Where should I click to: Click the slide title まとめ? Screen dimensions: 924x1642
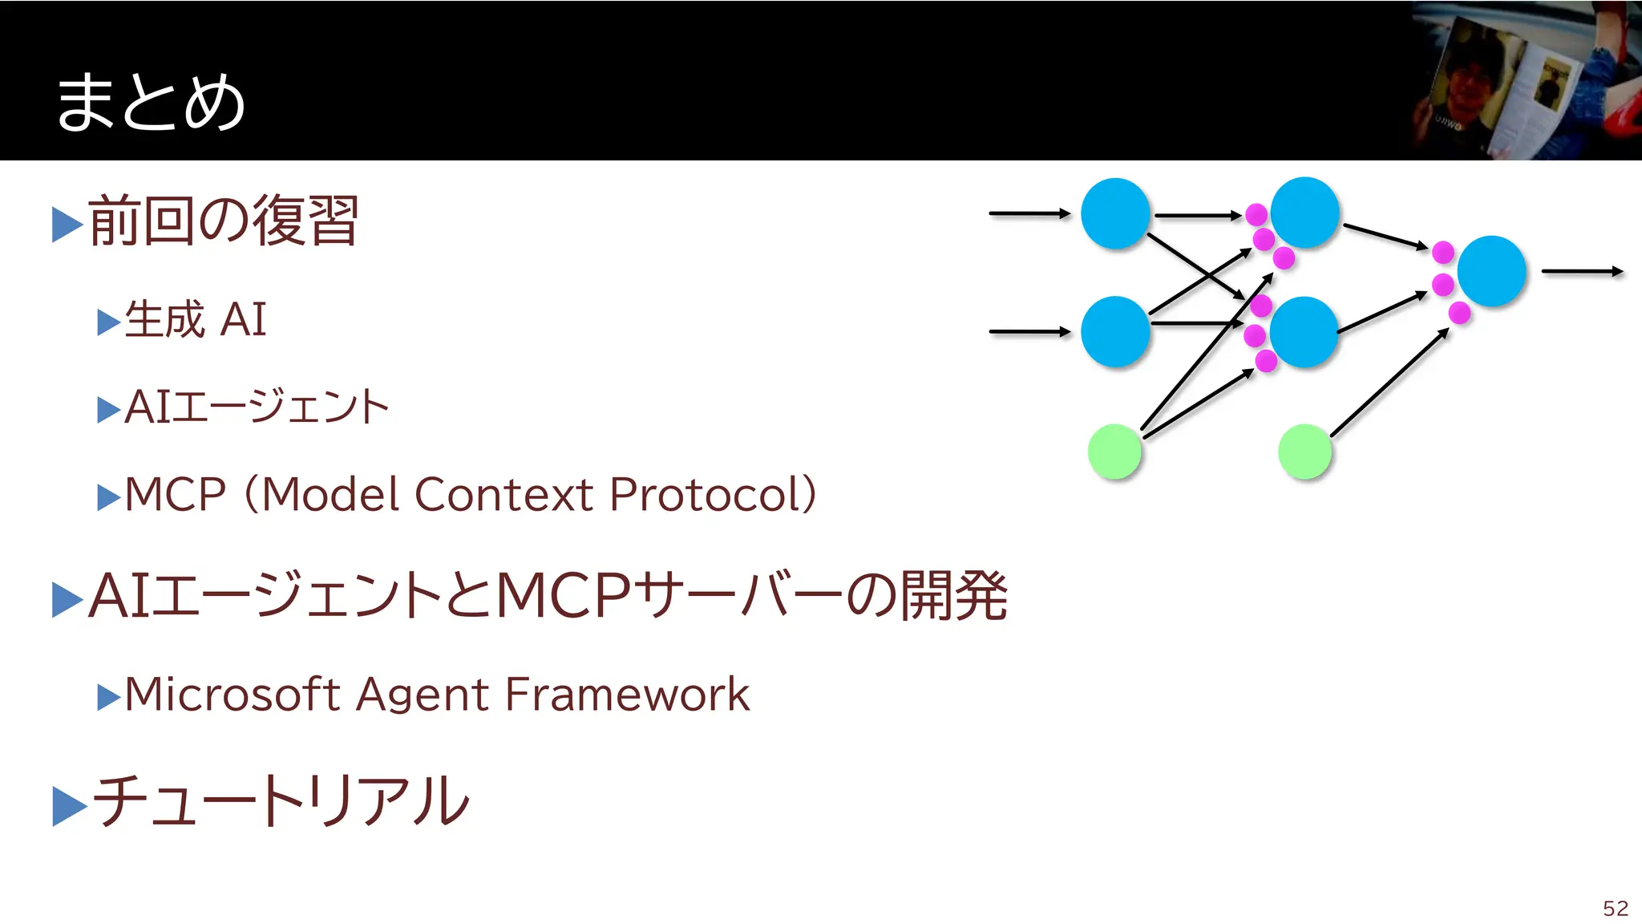[x=150, y=102]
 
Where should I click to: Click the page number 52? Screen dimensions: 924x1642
[x=1615, y=908]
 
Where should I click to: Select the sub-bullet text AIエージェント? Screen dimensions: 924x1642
[x=257, y=407]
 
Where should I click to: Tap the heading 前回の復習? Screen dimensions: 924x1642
[x=223, y=221]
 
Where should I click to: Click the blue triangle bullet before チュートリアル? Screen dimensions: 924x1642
[x=68, y=805]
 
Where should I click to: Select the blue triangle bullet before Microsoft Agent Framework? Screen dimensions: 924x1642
[x=108, y=697]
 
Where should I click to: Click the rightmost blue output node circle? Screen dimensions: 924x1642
[x=1491, y=271]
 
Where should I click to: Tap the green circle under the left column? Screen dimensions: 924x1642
[x=1114, y=452]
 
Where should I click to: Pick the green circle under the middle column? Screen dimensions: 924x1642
[x=1304, y=452]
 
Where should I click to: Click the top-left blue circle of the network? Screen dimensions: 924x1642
[x=1115, y=213]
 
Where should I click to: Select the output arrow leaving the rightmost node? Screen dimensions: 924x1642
[x=1582, y=271]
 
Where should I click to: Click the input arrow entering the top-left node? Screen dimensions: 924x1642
[x=1029, y=213]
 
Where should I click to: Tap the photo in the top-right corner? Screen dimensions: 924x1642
[x=1527, y=80]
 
